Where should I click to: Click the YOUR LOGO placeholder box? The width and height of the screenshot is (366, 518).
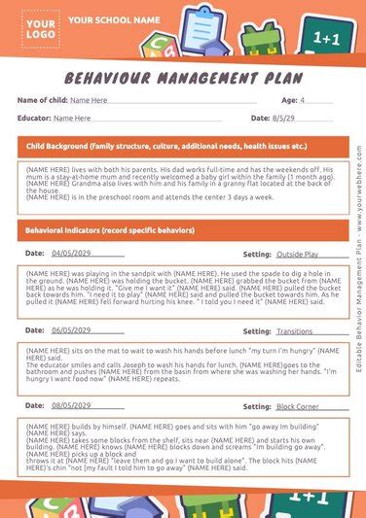(39, 28)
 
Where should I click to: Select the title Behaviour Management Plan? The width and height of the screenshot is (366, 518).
(183, 77)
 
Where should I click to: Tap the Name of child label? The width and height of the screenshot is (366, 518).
(41, 100)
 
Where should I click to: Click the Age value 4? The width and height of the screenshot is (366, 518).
(303, 100)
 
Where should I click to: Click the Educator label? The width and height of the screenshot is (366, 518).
(34, 118)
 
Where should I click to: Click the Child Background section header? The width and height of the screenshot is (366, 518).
(165, 146)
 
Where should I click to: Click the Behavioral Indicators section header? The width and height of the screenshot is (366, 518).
(109, 230)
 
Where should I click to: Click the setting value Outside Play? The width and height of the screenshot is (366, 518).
(297, 253)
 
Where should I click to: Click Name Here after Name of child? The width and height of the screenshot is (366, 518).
(89, 100)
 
